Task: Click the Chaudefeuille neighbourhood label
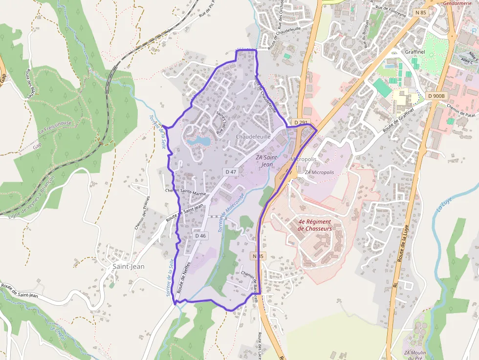point(253,137)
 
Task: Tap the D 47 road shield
point(231,172)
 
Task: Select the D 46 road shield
point(200,235)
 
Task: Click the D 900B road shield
point(436,96)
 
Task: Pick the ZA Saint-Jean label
point(267,161)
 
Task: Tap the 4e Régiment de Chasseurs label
point(315,225)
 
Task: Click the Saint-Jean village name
point(128,267)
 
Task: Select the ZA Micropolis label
point(319,172)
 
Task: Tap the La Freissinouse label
point(55,127)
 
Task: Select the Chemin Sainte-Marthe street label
point(186,192)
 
